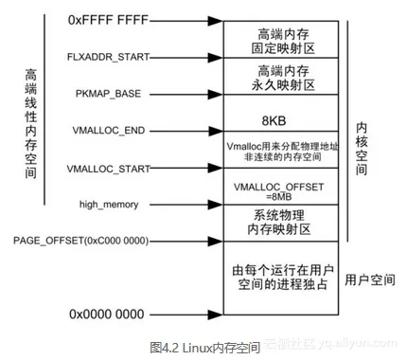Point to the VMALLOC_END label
click(109, 129)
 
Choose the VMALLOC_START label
click(107, 169)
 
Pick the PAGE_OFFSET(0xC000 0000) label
click(81, 241)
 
